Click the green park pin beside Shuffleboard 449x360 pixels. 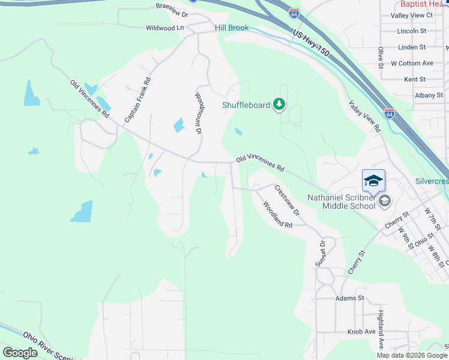[x=279, y=105]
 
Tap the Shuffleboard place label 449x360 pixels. [x=246, y=105]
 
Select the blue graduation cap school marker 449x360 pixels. [x=373, y=180]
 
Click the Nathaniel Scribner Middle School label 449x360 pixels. [x=341, y=201]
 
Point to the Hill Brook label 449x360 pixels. [x=232, y=28]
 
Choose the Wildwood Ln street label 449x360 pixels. [x=164, y=28]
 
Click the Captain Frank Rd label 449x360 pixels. [x=137, y=100]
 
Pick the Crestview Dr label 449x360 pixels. [x=286, y=200]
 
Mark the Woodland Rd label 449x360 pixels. [x=277, y=214]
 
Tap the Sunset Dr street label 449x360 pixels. [x=321, y=253]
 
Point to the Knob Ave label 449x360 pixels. [x=361, y=332]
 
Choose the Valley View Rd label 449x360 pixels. [x=365, y=116]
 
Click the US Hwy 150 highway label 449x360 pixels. [x=312, y=43]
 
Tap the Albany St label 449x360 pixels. [x=429, y=95]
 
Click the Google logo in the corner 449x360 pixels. [x=20, y=353]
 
